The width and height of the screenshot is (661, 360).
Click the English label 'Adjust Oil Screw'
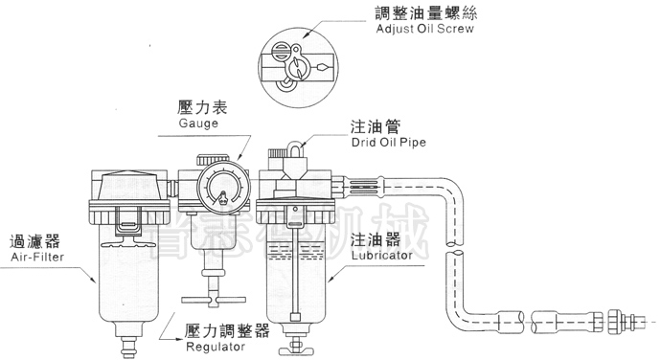coord(426,29)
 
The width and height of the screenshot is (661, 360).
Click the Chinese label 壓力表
coord(200,106)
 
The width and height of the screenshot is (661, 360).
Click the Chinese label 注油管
coord(374,125)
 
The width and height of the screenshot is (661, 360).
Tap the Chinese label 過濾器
coord(30,242)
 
